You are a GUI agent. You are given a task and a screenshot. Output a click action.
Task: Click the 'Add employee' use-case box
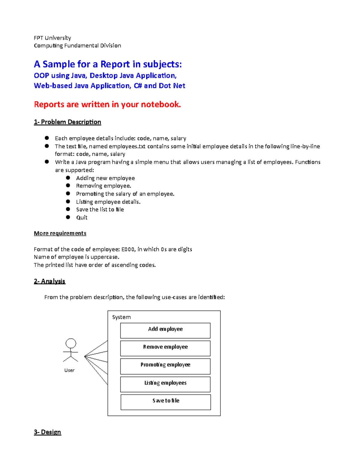point(165,330)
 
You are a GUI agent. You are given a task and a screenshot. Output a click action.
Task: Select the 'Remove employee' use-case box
point(165,348)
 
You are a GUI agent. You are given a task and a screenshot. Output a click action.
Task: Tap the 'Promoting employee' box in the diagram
point(165,366)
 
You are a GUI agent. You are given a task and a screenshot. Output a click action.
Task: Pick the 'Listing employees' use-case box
point(165,384)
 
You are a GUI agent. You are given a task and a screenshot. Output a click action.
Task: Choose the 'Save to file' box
point(166,402)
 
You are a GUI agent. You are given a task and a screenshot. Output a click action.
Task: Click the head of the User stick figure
point(71,343)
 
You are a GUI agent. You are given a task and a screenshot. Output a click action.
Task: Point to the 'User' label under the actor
point(69,370)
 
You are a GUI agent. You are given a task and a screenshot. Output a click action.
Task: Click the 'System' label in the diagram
point(121,317)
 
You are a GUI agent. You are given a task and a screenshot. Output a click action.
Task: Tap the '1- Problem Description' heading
point(67,122)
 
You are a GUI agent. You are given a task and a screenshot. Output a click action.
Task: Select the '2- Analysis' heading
point(49,281)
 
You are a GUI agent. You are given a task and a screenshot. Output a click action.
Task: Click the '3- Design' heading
point(47,432)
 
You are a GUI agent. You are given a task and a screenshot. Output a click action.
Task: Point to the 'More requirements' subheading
point(60,233)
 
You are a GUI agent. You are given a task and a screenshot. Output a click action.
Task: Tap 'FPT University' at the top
point(52,38)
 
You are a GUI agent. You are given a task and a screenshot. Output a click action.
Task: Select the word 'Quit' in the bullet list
point(82,218)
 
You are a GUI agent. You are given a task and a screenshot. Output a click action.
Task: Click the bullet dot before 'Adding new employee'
point(68,178)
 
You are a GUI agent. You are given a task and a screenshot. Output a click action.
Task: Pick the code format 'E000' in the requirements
point(128,249)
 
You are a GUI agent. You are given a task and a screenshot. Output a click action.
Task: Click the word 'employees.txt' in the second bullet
point(127,146)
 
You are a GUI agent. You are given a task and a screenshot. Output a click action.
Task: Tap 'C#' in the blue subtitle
point(138,86)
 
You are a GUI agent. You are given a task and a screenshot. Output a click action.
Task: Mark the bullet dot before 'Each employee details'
point(47,138)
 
